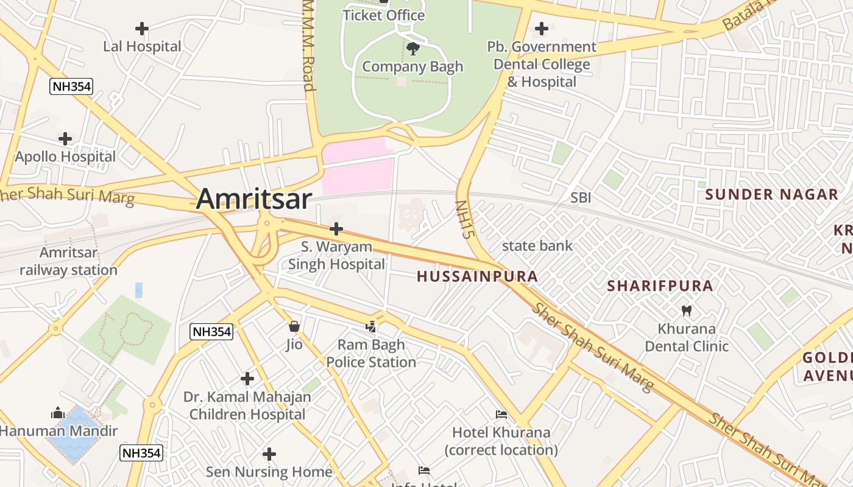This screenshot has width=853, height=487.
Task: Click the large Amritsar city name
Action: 254,199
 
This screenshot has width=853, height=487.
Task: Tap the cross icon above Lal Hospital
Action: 142,29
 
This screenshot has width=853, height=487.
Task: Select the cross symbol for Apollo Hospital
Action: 65,139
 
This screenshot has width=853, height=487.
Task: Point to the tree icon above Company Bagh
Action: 412,48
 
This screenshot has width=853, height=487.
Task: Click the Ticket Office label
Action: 383,15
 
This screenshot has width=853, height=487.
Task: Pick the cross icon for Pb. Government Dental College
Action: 541,29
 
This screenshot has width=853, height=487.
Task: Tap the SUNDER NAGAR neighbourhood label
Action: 771,195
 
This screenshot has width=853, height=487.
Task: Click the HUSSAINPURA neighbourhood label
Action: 477,276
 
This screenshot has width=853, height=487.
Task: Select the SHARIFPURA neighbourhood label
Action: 660,286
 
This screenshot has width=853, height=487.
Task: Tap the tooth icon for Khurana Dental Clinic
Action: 687,310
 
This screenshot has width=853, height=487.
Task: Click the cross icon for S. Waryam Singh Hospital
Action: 336,229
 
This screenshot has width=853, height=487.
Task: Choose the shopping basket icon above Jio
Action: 294,327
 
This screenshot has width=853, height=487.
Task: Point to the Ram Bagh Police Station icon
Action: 371,327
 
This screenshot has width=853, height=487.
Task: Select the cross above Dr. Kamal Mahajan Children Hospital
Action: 247,379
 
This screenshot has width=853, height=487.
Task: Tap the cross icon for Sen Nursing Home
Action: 269,454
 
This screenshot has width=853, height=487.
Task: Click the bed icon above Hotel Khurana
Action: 501,415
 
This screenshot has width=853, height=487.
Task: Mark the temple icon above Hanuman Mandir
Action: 58,413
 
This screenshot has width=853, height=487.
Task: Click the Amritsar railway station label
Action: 68,261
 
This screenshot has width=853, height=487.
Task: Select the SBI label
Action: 581,198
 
